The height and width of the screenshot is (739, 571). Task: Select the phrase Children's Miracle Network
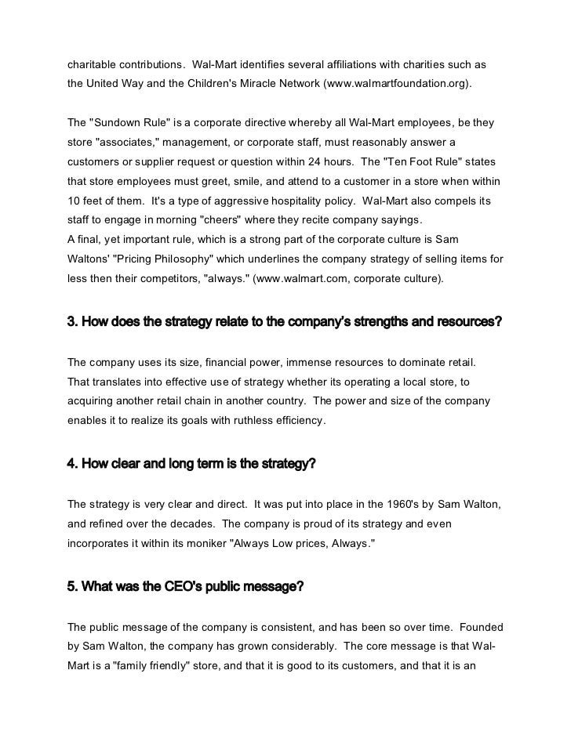pos(248,82)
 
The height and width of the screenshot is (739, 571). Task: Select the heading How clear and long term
pos(191,463)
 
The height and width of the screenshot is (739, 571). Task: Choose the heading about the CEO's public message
pos(185,585)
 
